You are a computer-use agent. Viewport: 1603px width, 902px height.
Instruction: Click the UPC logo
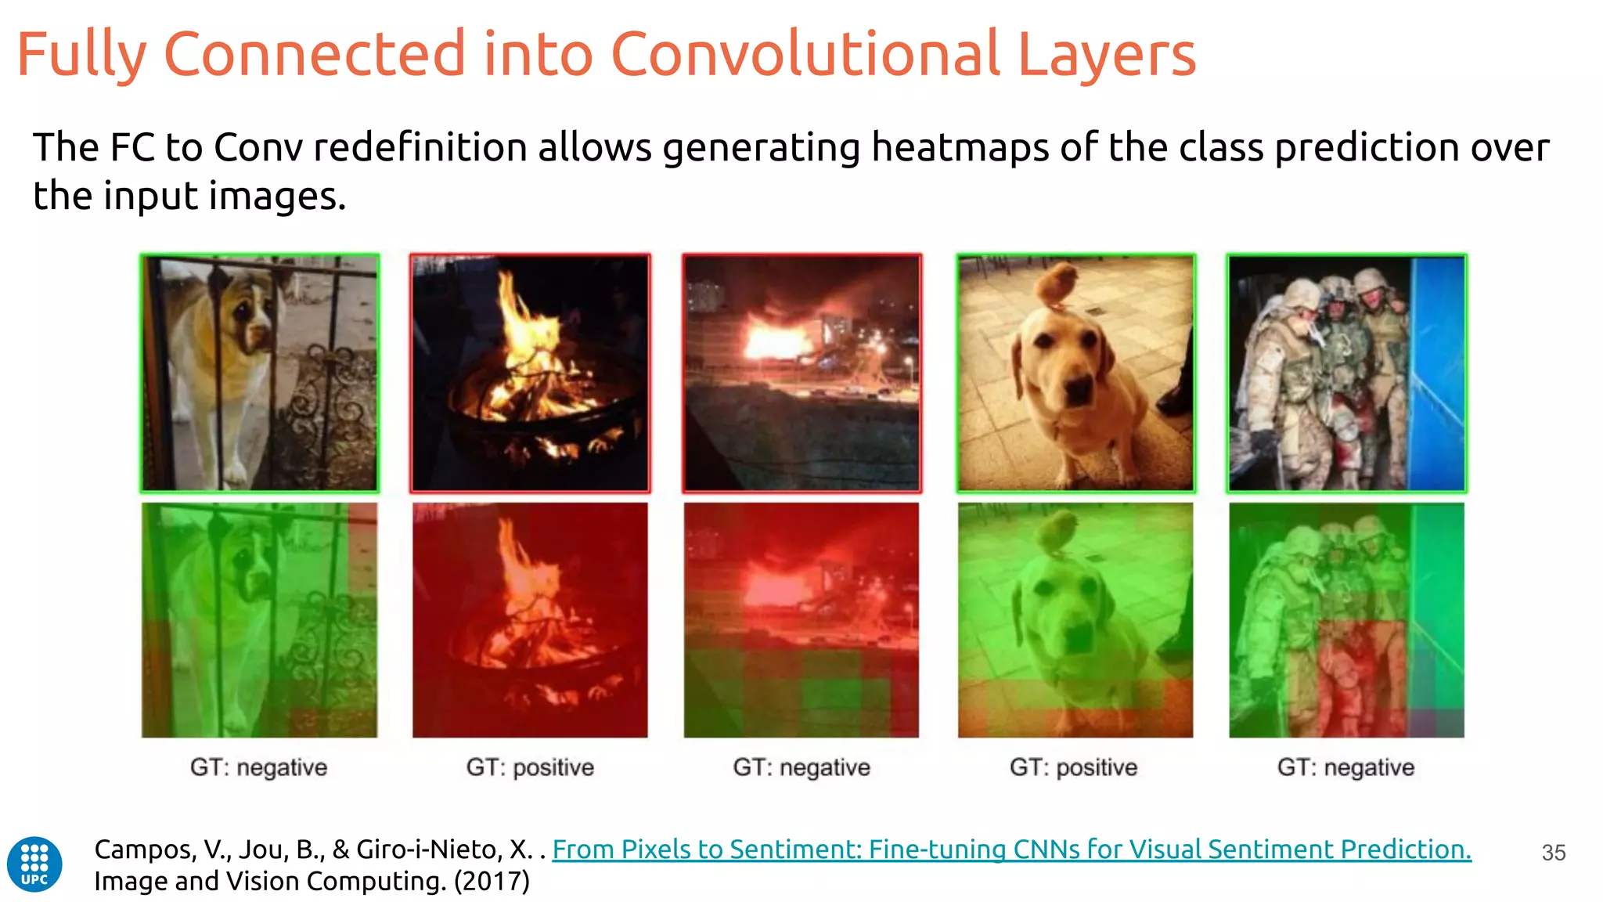click(x=34, y=864)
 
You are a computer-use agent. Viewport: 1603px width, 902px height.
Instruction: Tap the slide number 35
click(x=1553, y=853)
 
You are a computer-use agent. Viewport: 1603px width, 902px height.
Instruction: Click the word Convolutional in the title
click(x=805, y=54)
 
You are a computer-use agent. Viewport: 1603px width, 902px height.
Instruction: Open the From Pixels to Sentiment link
click(x=1011, y=849)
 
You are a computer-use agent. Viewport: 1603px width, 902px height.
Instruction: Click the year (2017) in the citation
click(x=491, y=882)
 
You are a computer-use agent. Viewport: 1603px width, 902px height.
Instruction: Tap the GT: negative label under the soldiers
click(x=1345, y=767)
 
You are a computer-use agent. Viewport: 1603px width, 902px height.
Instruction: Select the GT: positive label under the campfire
click(x=530, y=767)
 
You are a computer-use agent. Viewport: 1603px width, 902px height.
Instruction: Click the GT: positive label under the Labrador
click(x=1073, y=767)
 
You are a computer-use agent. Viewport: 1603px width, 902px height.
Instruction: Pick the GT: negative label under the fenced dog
click(x=258, y=767)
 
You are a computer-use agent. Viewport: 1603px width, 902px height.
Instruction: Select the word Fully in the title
click(x=81, y=54)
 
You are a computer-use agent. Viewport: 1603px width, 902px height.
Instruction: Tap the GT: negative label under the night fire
click(x=801, y=767)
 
